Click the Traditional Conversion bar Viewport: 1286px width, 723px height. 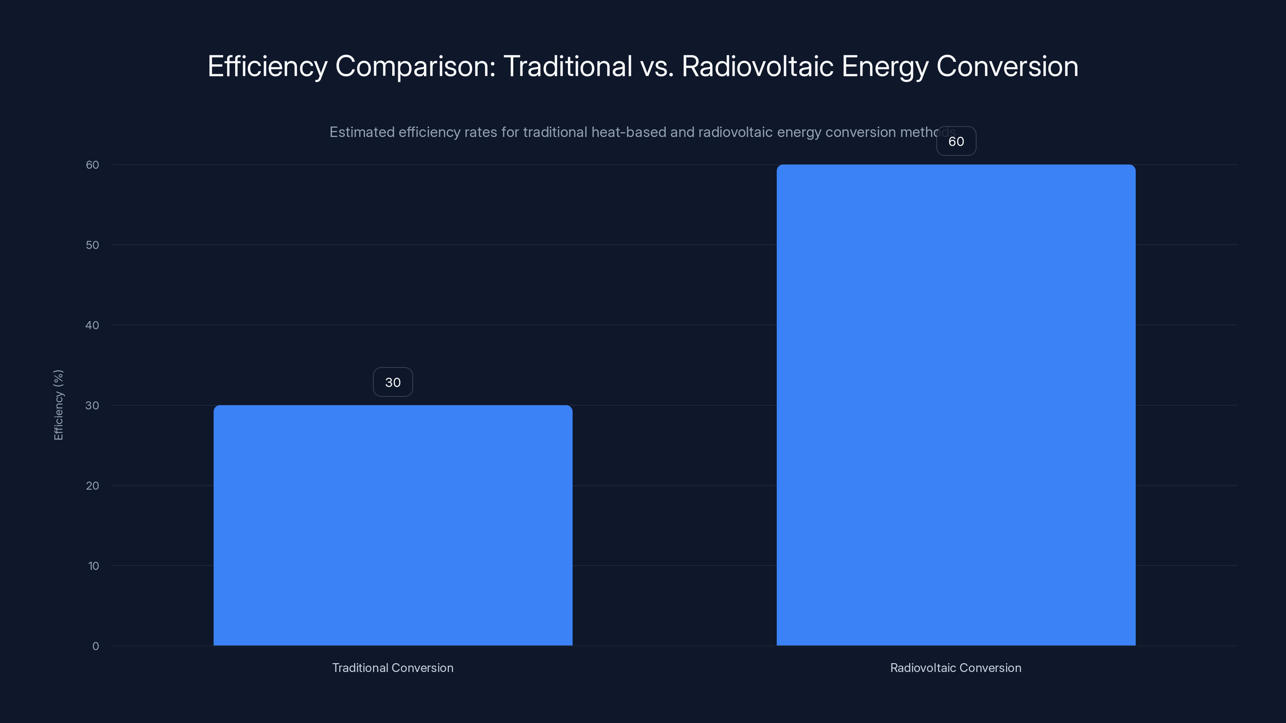pos(393,525)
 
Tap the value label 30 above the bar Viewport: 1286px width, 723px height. pos(393,382)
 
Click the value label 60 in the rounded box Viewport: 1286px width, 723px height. pos(956,141)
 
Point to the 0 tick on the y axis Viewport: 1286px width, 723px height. pos(95,646)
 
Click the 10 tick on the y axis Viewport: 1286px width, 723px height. pos(93,566)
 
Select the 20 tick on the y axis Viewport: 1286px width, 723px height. pos(92,486)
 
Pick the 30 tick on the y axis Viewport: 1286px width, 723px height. pos(92,405)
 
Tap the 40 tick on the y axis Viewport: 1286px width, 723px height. pos(92,325)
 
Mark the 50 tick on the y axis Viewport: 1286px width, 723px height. pos(92,245)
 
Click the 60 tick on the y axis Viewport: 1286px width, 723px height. pos(92,165)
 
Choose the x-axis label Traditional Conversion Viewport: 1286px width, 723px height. pos(393,668)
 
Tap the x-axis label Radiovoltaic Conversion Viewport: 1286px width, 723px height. pos(956,668)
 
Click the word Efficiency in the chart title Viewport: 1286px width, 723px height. pos(268,66)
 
